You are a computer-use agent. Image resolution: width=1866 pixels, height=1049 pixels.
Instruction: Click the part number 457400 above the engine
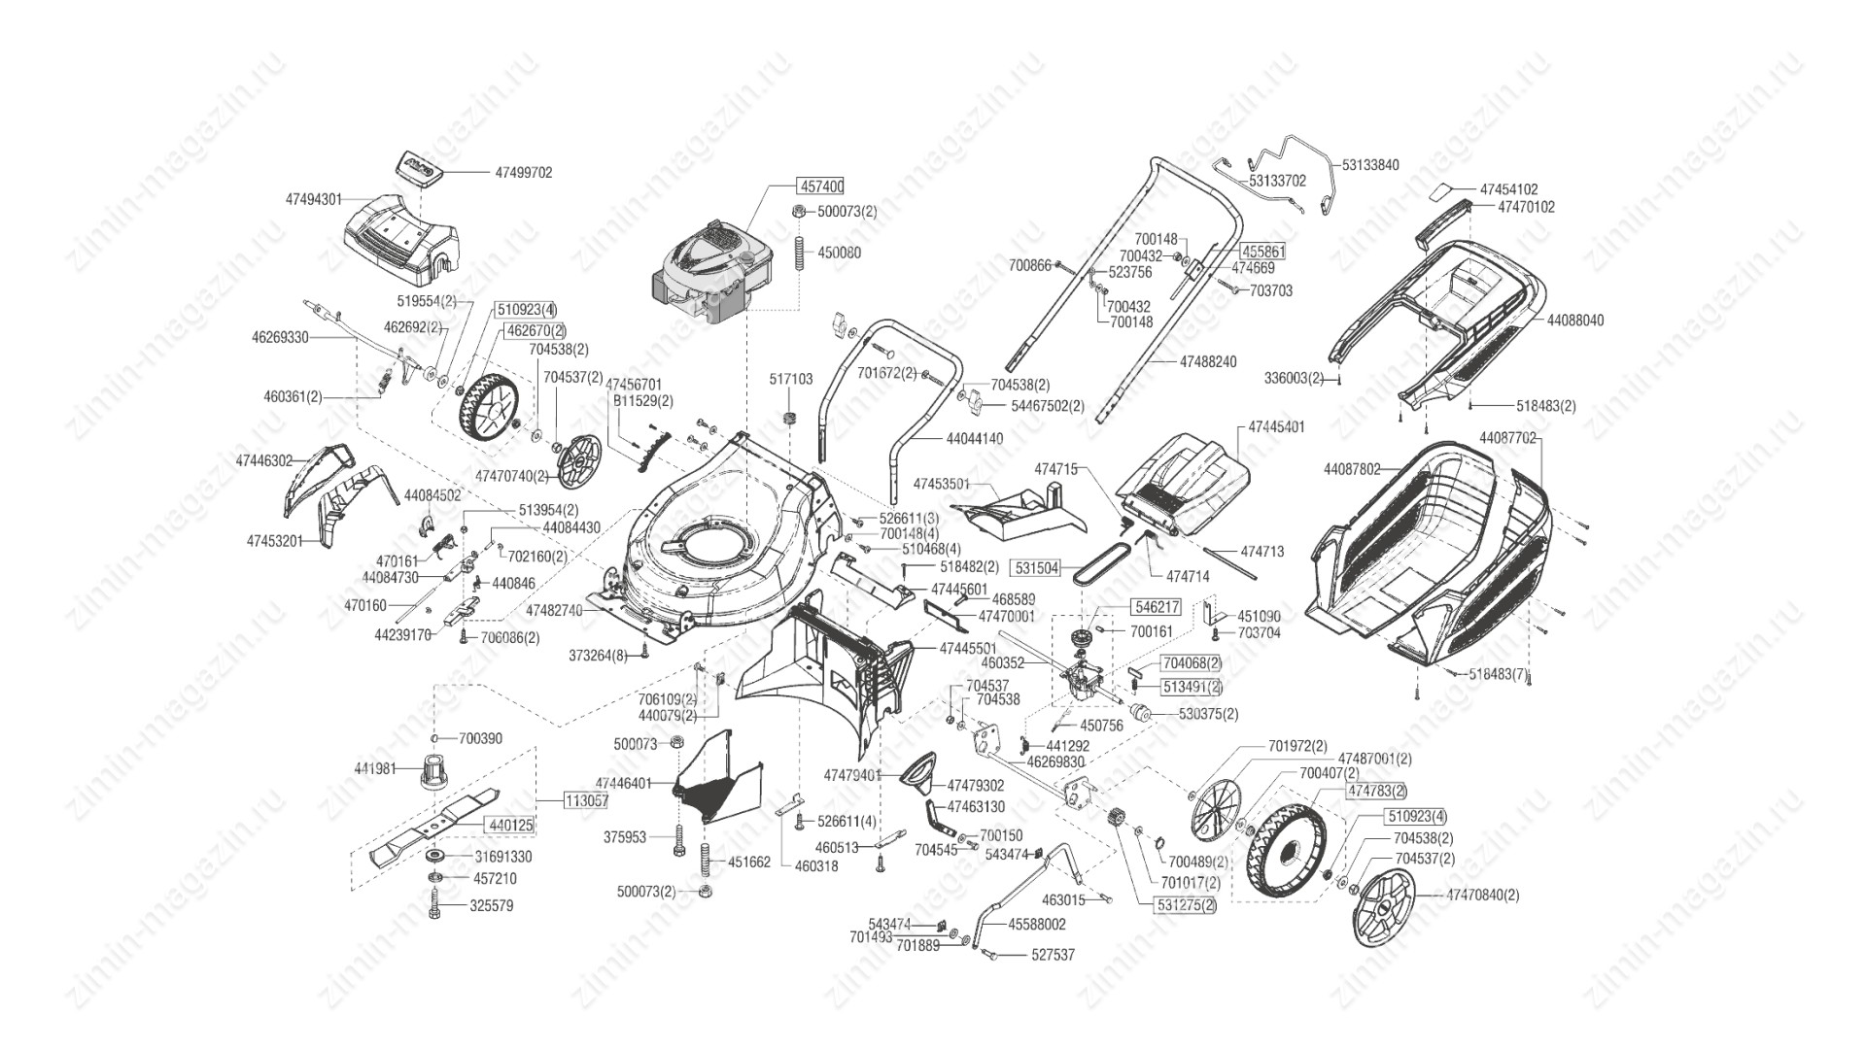(821, 186)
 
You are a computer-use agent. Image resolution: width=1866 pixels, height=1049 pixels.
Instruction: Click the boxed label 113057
(586, 801)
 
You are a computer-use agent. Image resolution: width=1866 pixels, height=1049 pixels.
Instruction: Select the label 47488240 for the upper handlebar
(1208, 361)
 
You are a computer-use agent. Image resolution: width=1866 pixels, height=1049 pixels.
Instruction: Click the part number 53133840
(1370, 165)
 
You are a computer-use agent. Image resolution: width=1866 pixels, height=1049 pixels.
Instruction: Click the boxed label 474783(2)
(1376, 792)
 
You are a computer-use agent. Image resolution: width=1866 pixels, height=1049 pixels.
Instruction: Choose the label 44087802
(1352, 469)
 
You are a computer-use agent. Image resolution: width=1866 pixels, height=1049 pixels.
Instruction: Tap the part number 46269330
(280, 337)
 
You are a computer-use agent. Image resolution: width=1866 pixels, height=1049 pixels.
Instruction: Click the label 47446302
(264, 460)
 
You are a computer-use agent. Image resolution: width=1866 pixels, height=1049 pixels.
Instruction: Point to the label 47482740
(554, 610)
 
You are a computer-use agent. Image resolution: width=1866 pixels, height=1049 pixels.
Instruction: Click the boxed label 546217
(1156, 607)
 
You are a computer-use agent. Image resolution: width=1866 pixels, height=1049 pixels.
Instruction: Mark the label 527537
(1053, 955)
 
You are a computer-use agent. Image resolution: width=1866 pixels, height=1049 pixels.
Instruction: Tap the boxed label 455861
(1263, 251)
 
